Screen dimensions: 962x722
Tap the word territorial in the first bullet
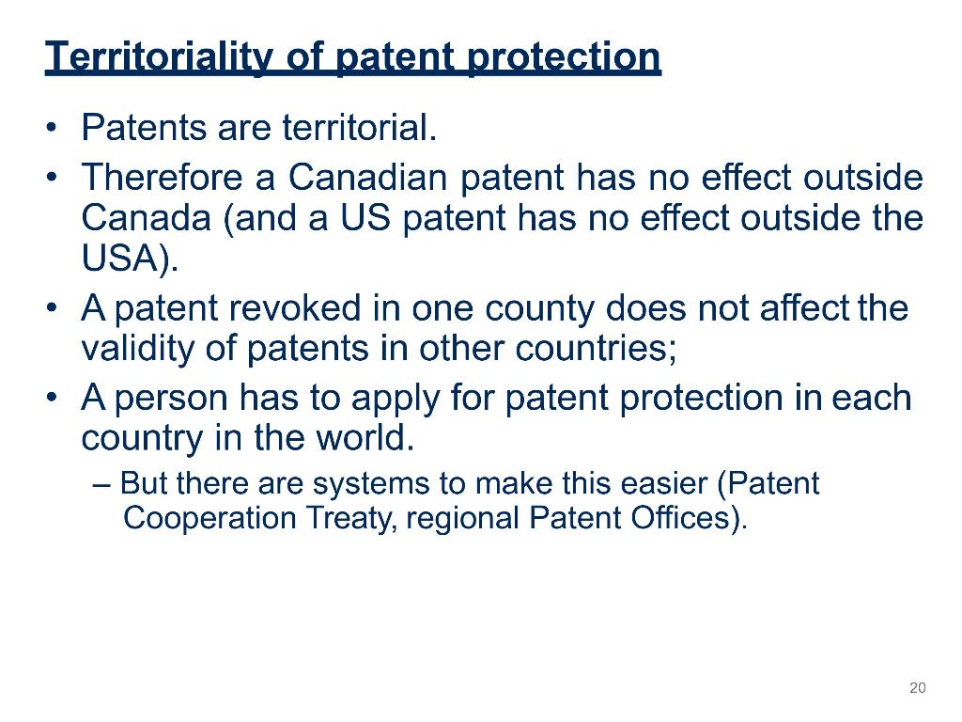coord(360,127)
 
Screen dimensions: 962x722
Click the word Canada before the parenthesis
coord(147,217)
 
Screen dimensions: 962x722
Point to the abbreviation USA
coord(120,258)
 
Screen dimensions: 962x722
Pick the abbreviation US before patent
coord(365,217)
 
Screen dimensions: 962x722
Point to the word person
coord(171,398)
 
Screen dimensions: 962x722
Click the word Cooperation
coord(209,518)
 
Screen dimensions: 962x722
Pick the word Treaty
coord(351,518)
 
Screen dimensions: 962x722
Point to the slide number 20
coord(918,687)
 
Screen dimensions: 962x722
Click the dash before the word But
coord(101,484)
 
